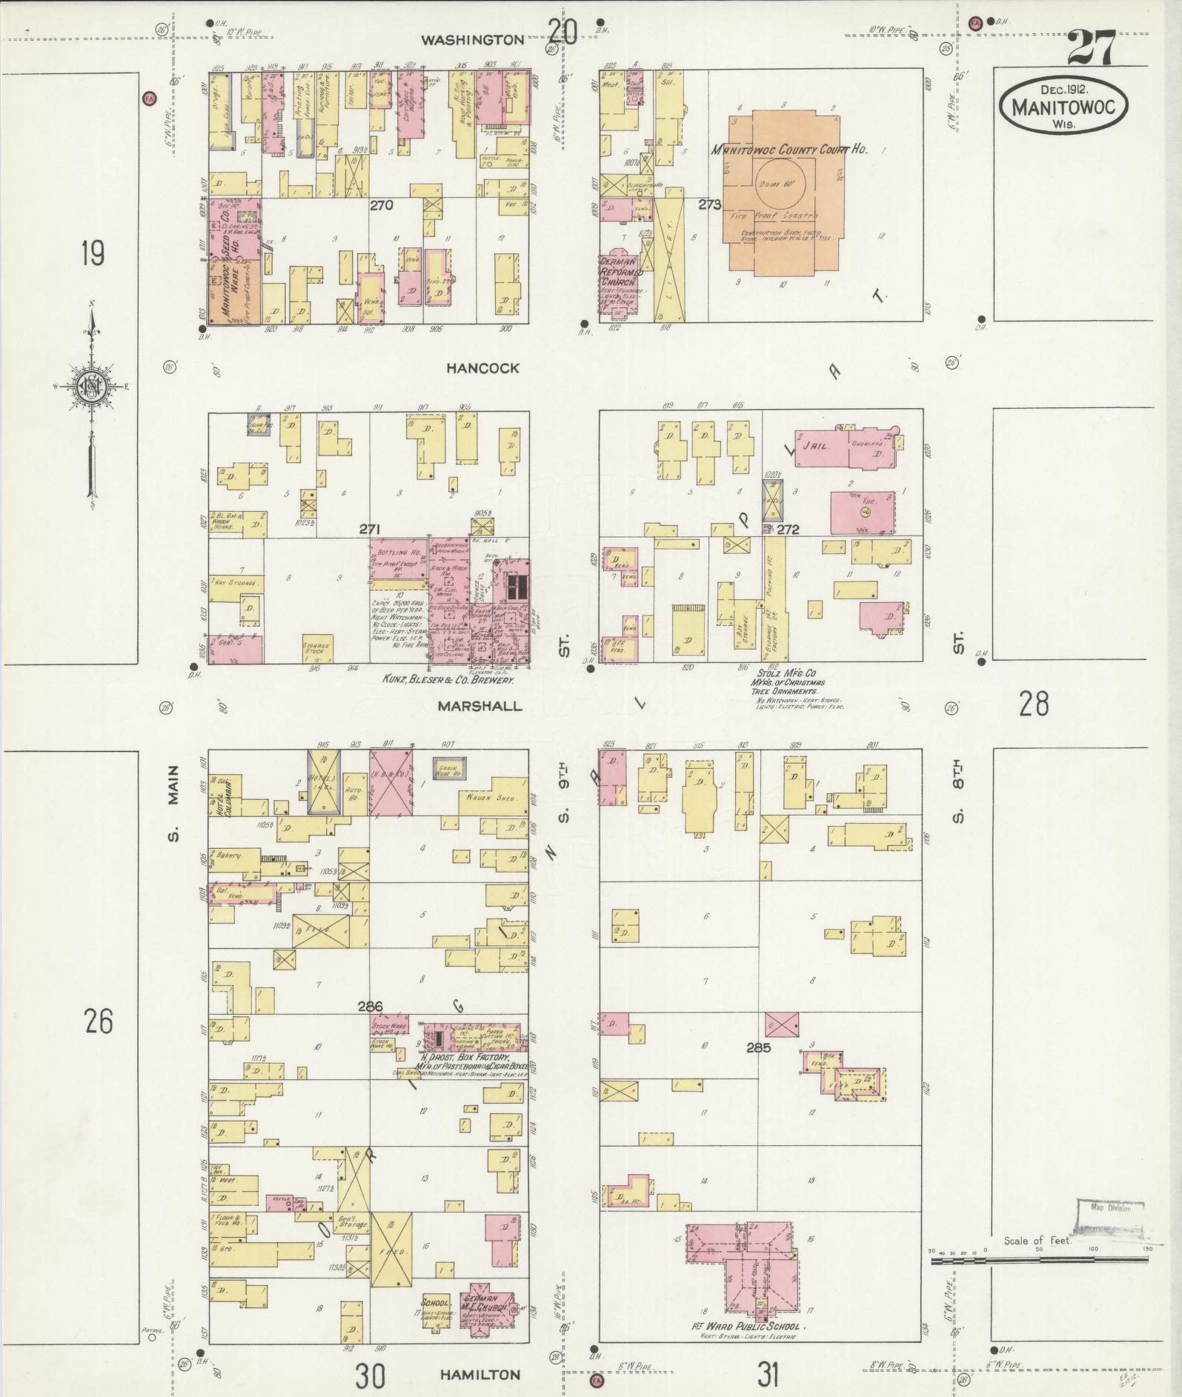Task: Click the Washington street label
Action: (x=472, y=40)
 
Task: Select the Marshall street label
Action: (x=479, y=706)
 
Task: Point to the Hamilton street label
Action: (x=479, y=1375)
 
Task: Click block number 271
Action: (x=370, y=529)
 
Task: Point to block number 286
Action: (x=370, y=1007)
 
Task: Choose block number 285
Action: (x=759, y=1047)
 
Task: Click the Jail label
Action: (x=819, y=447)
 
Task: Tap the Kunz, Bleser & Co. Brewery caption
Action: (x=448, y=679)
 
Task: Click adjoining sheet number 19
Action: (x=93, y=253)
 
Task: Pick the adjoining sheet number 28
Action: (x=1034, y=703)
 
